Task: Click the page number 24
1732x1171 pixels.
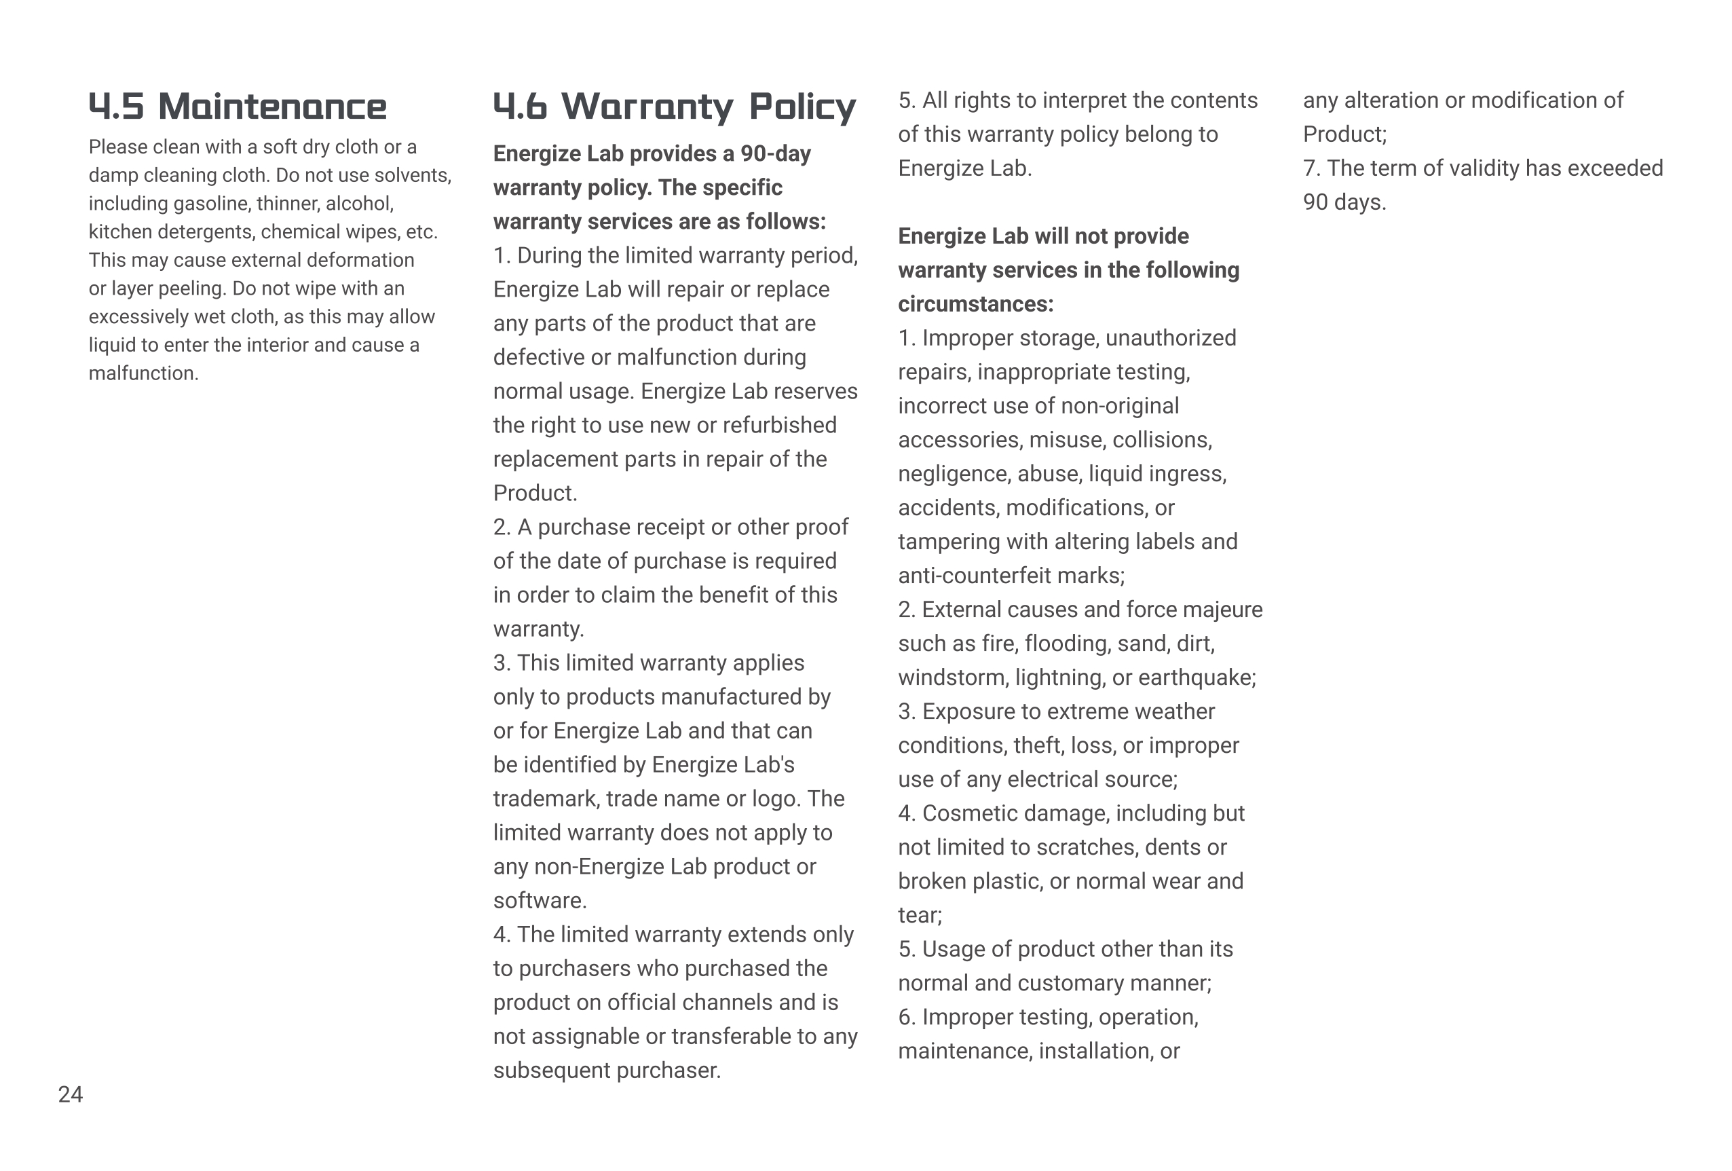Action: coord(71,1094)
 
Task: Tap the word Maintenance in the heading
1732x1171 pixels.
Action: coord(272,107)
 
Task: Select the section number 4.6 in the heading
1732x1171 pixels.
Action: coord(520,107)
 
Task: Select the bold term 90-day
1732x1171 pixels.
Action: coord(775,153)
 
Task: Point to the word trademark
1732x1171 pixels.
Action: coord(546,798)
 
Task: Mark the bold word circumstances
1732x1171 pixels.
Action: coord(975,304)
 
